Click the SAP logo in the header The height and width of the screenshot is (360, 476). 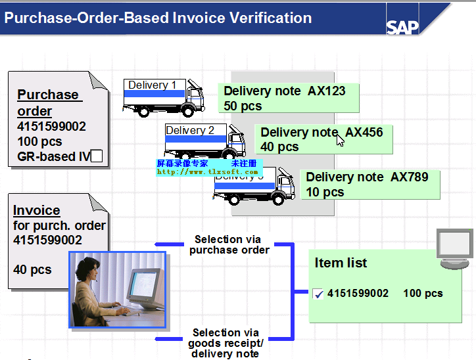402,27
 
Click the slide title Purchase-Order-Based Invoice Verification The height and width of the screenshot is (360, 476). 158,18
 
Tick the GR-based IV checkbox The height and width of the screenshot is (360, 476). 97,156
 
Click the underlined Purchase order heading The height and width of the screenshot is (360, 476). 48,102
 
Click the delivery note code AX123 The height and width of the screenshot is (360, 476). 327,91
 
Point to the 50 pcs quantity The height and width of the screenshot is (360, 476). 243,106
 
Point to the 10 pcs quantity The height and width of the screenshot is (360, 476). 325,192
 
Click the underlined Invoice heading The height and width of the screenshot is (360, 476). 37,211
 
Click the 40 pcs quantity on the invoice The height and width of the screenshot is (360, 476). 32,269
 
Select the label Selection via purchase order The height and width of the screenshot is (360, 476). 228,244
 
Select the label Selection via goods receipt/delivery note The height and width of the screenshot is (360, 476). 226,343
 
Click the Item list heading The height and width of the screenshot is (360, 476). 341,263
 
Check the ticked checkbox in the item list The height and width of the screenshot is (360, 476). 319,294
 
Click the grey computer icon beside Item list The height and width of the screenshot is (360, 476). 454,249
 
